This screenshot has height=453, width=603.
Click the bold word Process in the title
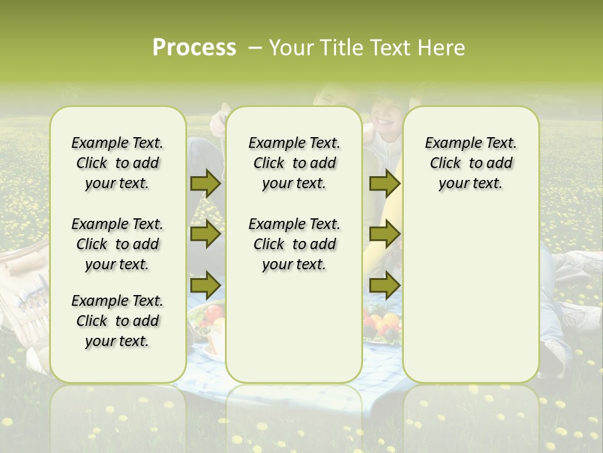194,48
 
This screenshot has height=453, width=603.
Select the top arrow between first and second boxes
205,183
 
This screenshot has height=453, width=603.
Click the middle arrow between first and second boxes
205,235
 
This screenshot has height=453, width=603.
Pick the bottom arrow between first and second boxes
205,286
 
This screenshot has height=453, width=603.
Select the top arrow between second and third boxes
384,183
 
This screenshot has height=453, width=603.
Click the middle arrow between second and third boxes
384,235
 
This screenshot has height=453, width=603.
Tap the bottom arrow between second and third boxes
384,286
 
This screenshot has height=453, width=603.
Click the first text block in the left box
117,163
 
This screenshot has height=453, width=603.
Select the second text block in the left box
117,244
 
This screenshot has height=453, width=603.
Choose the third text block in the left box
117,321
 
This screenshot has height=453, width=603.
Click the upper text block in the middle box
294,163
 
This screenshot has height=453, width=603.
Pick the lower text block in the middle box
294,244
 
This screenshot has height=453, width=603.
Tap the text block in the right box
471,163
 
